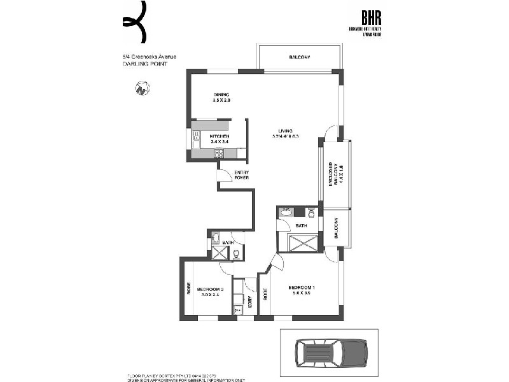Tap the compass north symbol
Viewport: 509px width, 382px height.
tap(143, 88)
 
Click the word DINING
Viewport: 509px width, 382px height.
tap(221, 95)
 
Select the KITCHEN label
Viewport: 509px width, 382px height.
tap(219, 136)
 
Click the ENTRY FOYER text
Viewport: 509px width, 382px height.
tap(242, 175)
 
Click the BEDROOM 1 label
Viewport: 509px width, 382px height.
tap(302, 286)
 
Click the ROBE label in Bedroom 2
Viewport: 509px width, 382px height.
tap(188, 288)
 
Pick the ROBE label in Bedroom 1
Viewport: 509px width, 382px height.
tap(265, 294)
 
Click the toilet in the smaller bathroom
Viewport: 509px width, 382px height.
tap(236, 253)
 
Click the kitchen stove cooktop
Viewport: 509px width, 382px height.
tap(219, 152)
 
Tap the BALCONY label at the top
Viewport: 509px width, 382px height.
tap(300, 58)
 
